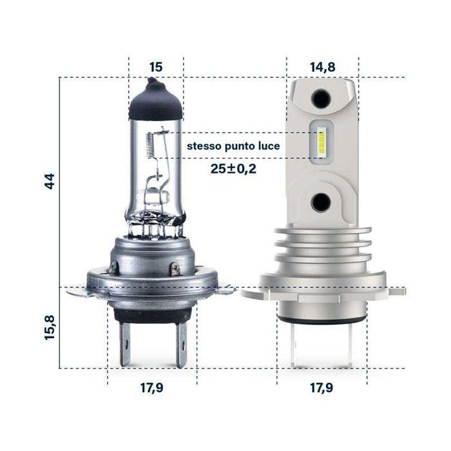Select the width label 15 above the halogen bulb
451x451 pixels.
[155, 67]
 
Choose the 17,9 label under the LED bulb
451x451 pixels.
[321, 388]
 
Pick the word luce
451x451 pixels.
[268, 147]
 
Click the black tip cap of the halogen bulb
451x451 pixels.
[155, 103]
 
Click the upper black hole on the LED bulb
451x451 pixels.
[320, 99]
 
